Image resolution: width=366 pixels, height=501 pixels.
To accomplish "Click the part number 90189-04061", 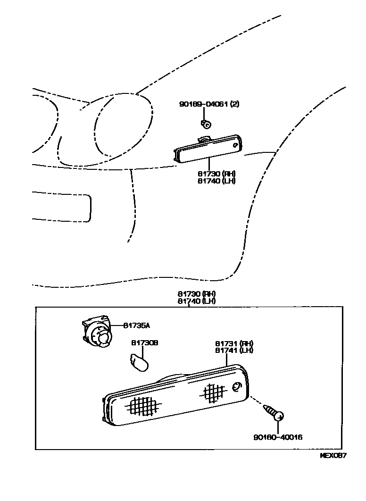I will pos(203,104).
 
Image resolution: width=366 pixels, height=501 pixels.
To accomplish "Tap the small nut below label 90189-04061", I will pos(206,124).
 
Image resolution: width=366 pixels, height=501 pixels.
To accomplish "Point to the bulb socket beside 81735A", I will pos(98,334).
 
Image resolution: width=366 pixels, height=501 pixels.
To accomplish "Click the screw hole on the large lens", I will pos(237,387).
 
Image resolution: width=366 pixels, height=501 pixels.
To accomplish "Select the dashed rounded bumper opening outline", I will pos(61,206).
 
